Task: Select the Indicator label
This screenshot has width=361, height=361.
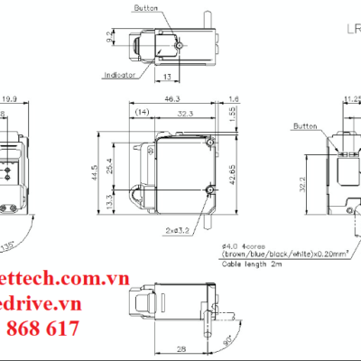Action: [x=120, y=75]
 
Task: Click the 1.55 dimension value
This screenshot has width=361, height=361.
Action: [x=234, y=112]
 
